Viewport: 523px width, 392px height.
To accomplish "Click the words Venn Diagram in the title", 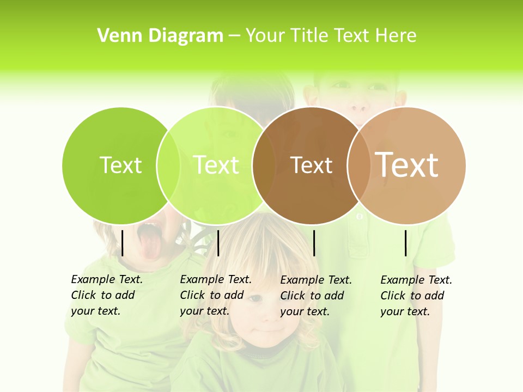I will point(160,36).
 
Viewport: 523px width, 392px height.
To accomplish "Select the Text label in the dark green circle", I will point(121,165).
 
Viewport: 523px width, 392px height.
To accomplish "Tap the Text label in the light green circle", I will point(216,165).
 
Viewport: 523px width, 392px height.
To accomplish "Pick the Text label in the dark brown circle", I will point(312,166).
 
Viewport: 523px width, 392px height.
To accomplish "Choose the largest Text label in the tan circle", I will point(407,164).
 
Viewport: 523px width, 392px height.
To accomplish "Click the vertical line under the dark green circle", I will point(123,243).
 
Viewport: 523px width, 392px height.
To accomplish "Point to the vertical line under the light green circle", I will point(218,243).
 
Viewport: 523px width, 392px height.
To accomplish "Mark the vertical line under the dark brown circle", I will point(314,243).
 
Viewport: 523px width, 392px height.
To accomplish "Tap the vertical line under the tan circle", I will point(406,243).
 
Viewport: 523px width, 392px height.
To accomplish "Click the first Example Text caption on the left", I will point(106,295).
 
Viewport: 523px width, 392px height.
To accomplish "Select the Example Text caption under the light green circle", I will point(215,295).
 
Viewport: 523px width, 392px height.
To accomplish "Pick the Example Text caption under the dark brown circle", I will point(315,296).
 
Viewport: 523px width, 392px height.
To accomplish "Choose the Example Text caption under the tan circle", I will point(416,296).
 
